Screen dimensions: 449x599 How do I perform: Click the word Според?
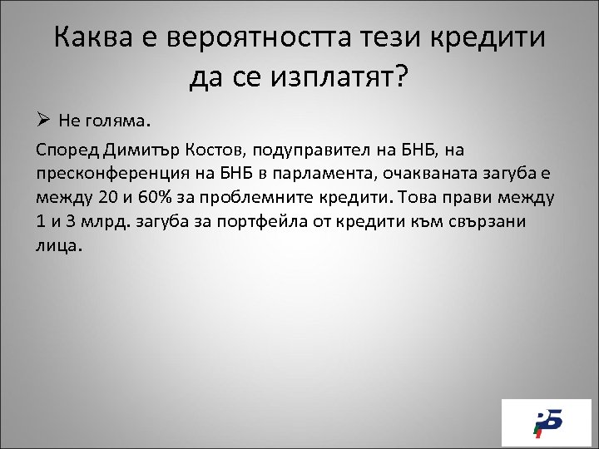[x=69, y=150]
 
